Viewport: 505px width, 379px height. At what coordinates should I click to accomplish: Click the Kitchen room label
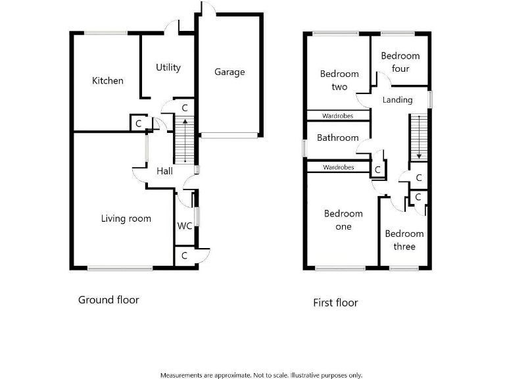click(x=107, y=81)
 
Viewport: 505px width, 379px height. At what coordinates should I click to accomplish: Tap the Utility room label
click(x=168, y=67)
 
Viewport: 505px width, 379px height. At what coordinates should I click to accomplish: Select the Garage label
click(x=229, y=72)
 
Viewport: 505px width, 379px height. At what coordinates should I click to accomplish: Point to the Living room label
click(x=126, y=218)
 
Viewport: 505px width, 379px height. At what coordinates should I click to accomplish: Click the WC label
click(x=184, y=226)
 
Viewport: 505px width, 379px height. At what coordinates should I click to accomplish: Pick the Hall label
click(x=164, y=171)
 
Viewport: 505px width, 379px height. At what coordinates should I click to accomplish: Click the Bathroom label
click(x=337, y=138)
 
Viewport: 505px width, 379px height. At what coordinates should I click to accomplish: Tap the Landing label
click(x=397, y=100)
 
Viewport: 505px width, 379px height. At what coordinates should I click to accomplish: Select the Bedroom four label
click(x=400, y=63)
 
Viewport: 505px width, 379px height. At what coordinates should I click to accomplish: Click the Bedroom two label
click(x=339, y=80)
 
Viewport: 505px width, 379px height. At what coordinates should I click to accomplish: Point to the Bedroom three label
click(x=404, y=240)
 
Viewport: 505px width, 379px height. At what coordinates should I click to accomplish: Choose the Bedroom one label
click(x=343, y=220)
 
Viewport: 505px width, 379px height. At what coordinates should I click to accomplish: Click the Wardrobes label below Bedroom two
click(x=337, y=116)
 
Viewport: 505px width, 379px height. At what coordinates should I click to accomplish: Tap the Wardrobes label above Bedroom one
click(x=338, y=168)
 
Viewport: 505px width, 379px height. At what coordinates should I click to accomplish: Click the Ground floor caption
click(x=108, y=300)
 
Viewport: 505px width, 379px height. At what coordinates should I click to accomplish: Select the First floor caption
click(x=335, y=303)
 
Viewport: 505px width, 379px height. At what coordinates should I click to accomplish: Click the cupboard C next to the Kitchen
click(x=138, y=123)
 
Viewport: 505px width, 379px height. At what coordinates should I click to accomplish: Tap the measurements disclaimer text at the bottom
click(x=261, y=375)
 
